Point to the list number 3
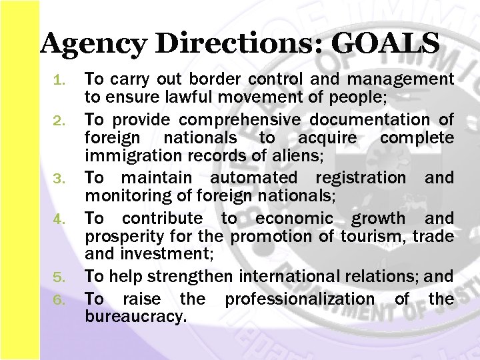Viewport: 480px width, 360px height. (59, 179)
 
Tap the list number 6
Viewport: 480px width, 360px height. (59, 300)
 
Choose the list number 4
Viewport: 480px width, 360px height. (59, 219)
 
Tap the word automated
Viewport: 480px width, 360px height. (253, 178)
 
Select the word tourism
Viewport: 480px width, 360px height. (372, 237)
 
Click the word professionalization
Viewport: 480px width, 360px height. (300, 299)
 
